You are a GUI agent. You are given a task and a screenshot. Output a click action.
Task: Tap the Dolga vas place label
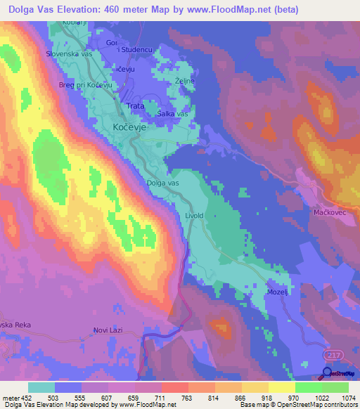[163, 183]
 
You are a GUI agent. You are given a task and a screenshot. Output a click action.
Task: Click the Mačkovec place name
[330, 211]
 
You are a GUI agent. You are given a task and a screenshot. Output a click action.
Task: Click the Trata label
[134, 106]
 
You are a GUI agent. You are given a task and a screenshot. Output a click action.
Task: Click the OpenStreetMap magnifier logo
[328, 375]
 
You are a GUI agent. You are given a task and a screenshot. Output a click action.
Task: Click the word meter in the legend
[11, 397]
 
